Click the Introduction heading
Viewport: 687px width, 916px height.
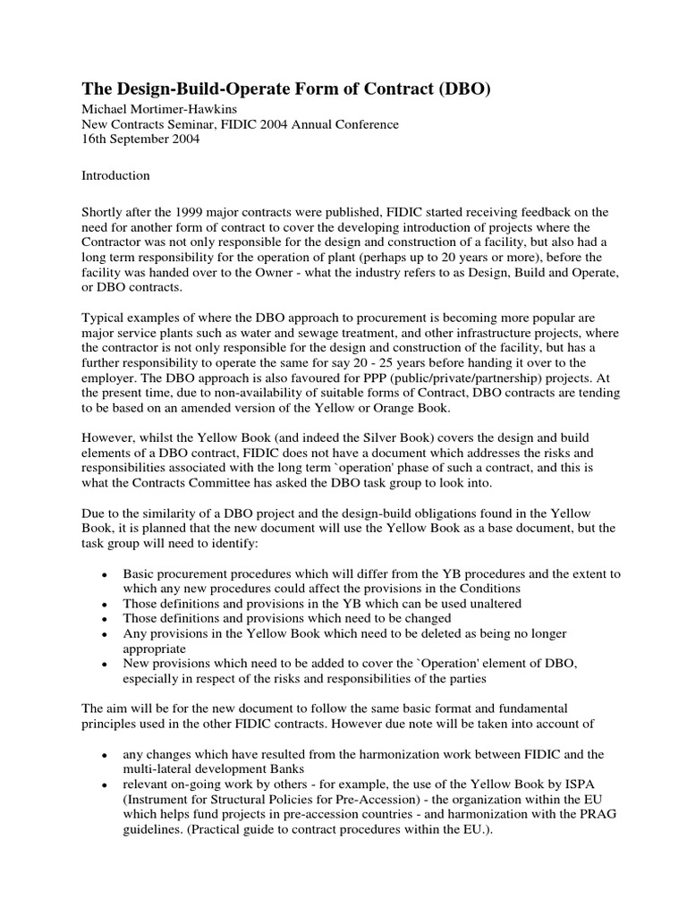[116, 175]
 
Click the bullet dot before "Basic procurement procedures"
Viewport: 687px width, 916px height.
[106, 573]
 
